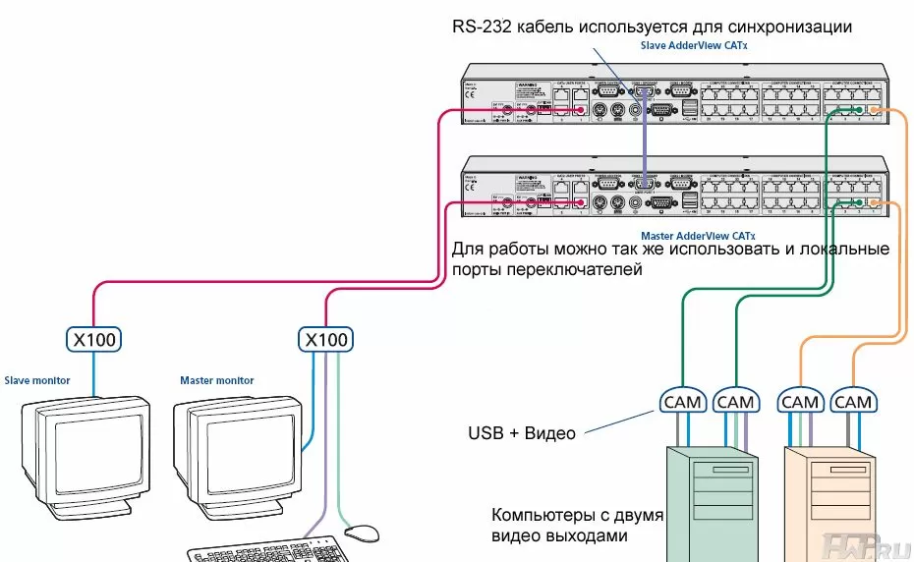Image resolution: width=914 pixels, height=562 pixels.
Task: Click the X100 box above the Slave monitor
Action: click(94, 340)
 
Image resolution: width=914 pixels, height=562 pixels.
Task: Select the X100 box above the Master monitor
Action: click(324, 340)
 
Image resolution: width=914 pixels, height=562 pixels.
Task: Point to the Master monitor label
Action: click(216, 380)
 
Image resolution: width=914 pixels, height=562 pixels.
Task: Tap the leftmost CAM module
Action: click(682, 401)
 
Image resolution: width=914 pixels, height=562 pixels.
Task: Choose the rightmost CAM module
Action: click(852, 401)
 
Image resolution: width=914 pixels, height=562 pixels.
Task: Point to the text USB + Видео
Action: click(522, 433)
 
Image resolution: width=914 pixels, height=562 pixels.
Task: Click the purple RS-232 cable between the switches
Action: click(645, 138)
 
